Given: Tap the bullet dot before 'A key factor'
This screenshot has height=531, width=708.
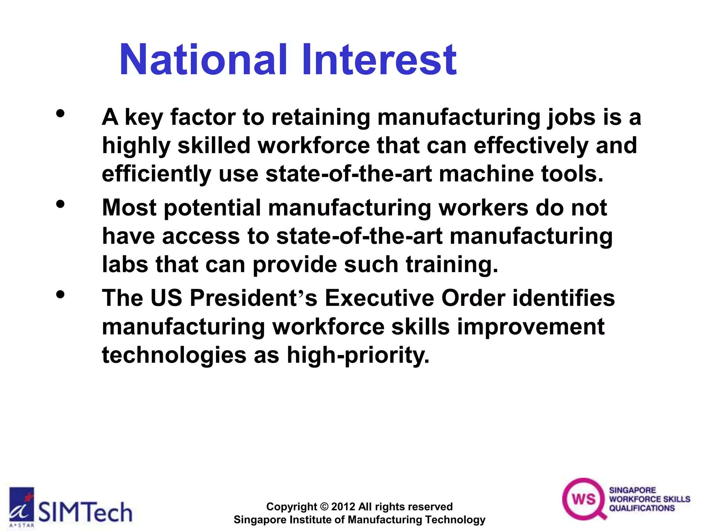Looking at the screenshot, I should [60, 114].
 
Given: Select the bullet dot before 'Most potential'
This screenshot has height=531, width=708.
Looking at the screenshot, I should [60, 204].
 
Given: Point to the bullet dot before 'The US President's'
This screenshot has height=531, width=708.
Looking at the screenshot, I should [60, 295].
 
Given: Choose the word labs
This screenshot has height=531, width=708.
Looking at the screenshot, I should [125, 264].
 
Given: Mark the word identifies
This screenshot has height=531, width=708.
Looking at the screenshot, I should [563, 298].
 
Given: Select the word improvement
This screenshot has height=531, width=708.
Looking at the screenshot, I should [531, 327].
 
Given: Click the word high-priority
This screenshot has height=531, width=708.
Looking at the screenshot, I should [358, 355].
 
